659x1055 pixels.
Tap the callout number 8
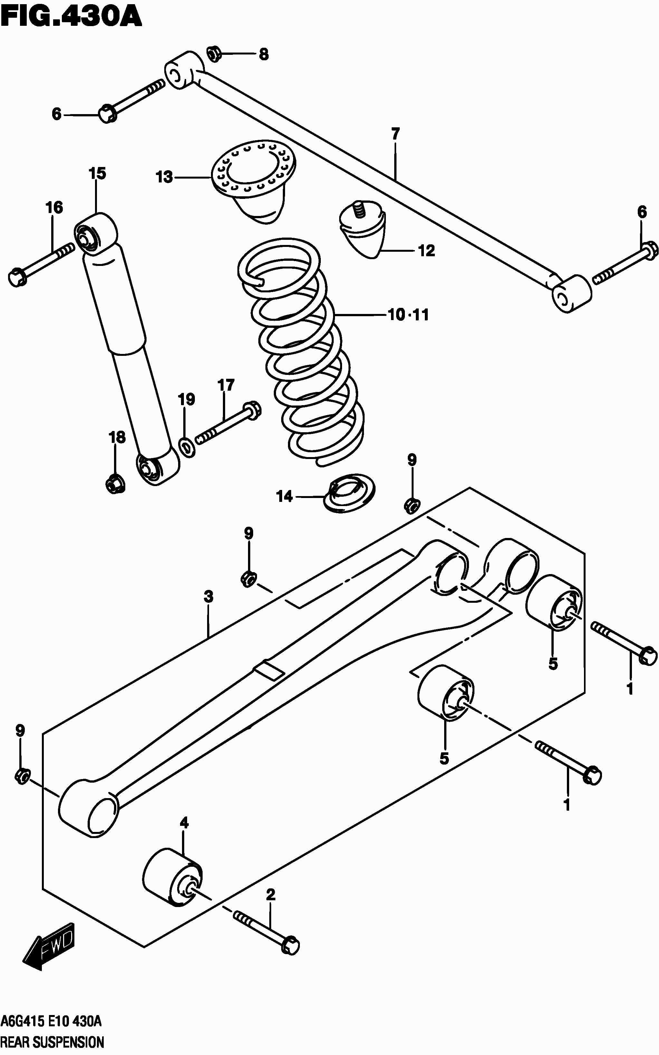coord(264,54)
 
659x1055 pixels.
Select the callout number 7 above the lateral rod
coord(395,134)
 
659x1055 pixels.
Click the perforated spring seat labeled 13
coord(253,170)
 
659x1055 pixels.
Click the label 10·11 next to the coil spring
coord(408,315)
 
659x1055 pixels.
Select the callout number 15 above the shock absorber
coord(97,174)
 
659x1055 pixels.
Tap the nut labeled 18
coord(115,483)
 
